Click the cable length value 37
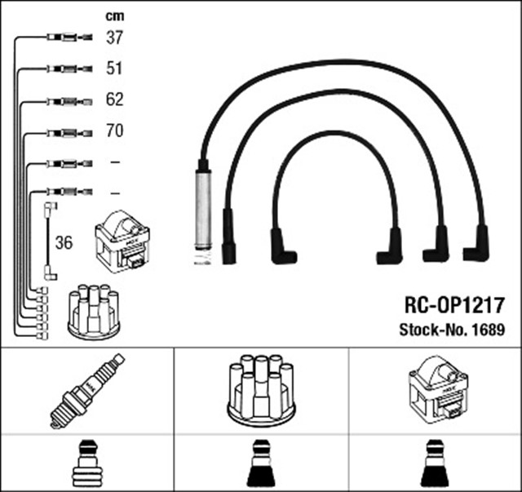(114, 38)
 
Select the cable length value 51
(114, 69)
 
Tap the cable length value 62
(114, 100)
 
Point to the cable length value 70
(114, 131)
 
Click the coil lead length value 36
(64, 243)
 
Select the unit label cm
(114, 16)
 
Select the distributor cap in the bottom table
(260, 390)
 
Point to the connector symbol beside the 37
(66, 38)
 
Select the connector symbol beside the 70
(66, 131)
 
